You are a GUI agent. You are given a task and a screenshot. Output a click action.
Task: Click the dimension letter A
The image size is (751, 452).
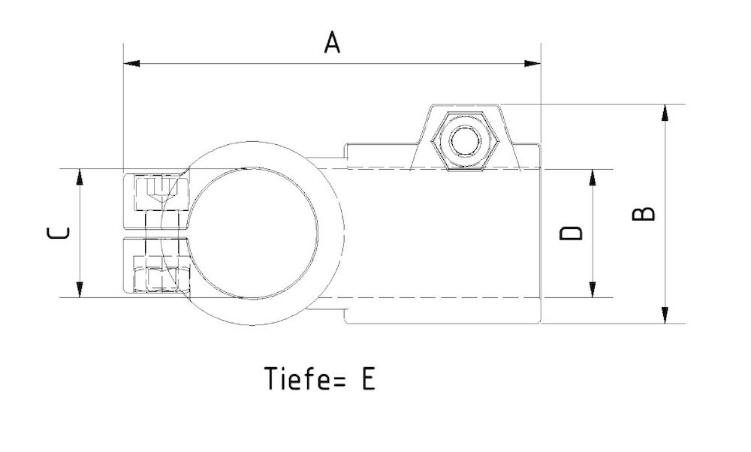pyautogui.click(x=332, y=42)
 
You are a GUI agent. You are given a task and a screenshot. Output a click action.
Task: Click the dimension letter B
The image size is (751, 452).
pyautogui.click(x=644, y=214)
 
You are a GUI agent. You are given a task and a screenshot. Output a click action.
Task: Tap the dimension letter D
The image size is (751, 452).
pyautogui.click(x=572, y=234)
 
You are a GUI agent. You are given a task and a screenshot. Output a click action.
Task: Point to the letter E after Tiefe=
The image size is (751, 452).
pyautogui.click(x=366, y=379)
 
